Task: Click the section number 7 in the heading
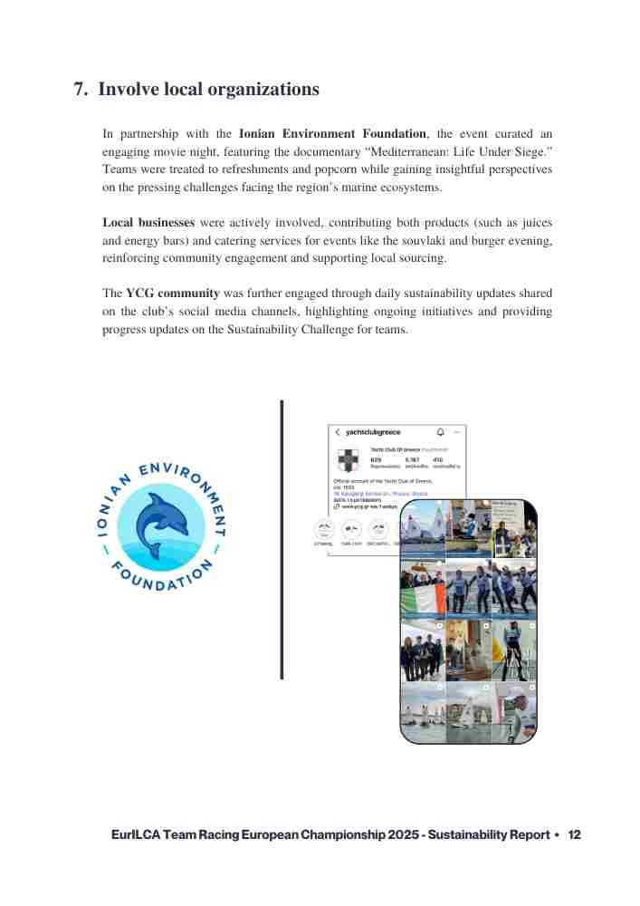click(x=79, y=90)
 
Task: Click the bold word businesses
click(x=166, y=222)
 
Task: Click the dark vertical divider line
click(x=282, y=539)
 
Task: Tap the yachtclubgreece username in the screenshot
click(x=373, y=433)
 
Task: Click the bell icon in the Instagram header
click(x=441, y=432)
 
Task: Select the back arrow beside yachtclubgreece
click(x=338, y=433)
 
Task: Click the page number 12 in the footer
click(x=574, y=834)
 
